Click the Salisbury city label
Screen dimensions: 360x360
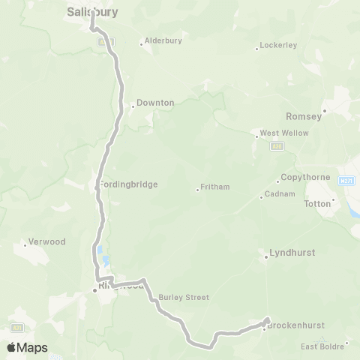92,12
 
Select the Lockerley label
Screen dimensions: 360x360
280,45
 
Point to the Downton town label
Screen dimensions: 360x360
155,103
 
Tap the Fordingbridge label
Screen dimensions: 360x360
128,184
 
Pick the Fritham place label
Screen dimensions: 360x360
216,187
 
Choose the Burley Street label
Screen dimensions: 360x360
184,297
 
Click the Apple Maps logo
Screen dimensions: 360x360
27,347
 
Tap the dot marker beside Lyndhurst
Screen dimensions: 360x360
266,259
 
